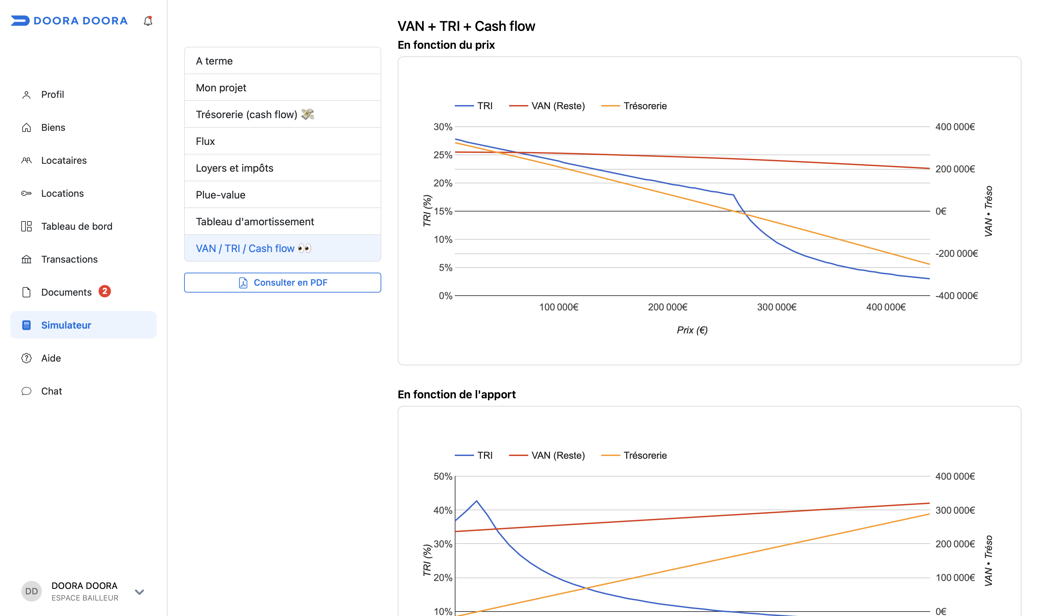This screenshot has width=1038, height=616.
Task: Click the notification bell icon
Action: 148,21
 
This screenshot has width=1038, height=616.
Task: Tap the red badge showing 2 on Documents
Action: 105,292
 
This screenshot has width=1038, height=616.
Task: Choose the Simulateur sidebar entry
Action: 83,325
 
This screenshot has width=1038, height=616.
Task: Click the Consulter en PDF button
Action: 282,283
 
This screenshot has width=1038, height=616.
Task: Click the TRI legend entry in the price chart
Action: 474,106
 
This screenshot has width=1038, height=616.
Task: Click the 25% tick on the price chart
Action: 443,155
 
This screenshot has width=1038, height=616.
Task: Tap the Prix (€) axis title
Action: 692,330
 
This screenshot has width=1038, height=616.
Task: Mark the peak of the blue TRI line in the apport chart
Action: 477,501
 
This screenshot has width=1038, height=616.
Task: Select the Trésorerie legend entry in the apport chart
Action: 634,455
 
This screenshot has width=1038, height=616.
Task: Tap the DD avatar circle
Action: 32,591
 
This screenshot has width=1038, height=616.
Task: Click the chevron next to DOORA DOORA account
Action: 139,592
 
